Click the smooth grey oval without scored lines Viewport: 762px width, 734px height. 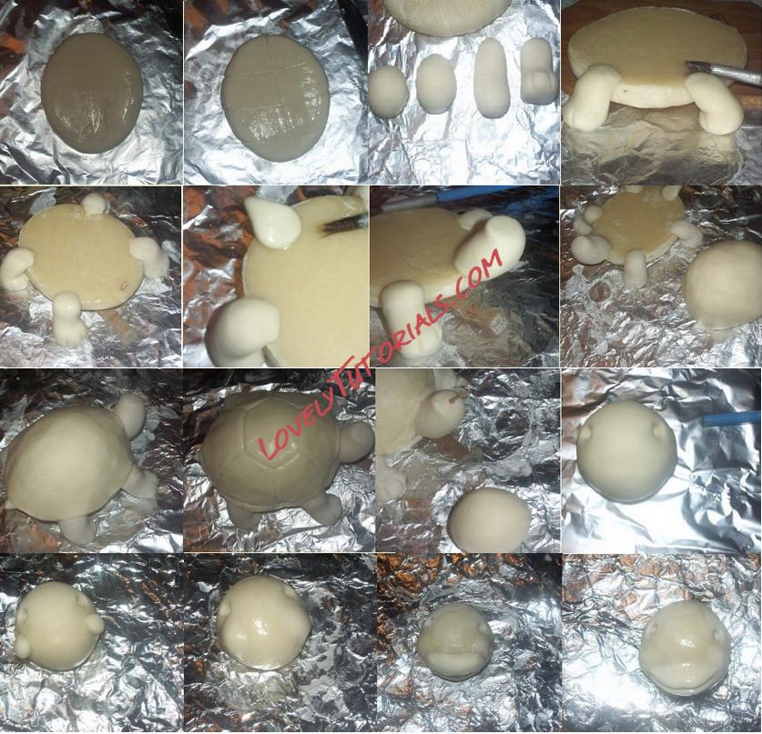coord(92,93)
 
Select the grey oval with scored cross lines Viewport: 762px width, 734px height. coord(276,97)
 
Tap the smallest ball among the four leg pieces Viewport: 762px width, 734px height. coord(389,91)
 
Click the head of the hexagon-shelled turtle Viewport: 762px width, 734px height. coord(356,441)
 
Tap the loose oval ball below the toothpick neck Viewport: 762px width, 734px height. coord(489,520)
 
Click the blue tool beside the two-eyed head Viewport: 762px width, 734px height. coord(730,420)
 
